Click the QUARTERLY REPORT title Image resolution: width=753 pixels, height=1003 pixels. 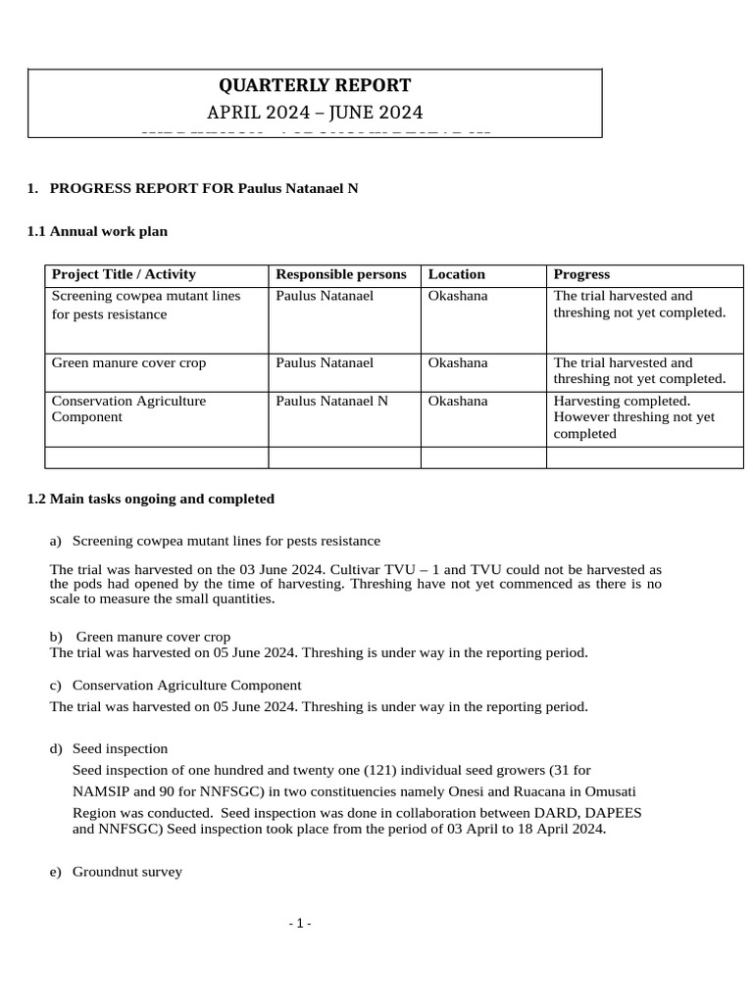tap(314, 85)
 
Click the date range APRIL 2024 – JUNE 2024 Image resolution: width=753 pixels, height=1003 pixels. tap(314, 112)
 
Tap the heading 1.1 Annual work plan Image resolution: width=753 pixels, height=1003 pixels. tap(97, 232)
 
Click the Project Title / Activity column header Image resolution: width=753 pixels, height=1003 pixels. tap(124, 274)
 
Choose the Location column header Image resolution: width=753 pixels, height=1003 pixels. tap(457, 274)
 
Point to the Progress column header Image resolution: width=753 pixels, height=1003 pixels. tap(581, 274)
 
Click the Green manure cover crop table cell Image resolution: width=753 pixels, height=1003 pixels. tap(128, 362)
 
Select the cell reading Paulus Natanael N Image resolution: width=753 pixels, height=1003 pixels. tap(331, 401)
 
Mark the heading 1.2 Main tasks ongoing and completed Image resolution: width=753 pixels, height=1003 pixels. tap(151, 499)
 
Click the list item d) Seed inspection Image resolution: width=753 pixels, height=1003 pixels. tap(109, 749)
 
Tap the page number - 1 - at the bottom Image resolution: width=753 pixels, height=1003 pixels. tap(300, 924)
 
